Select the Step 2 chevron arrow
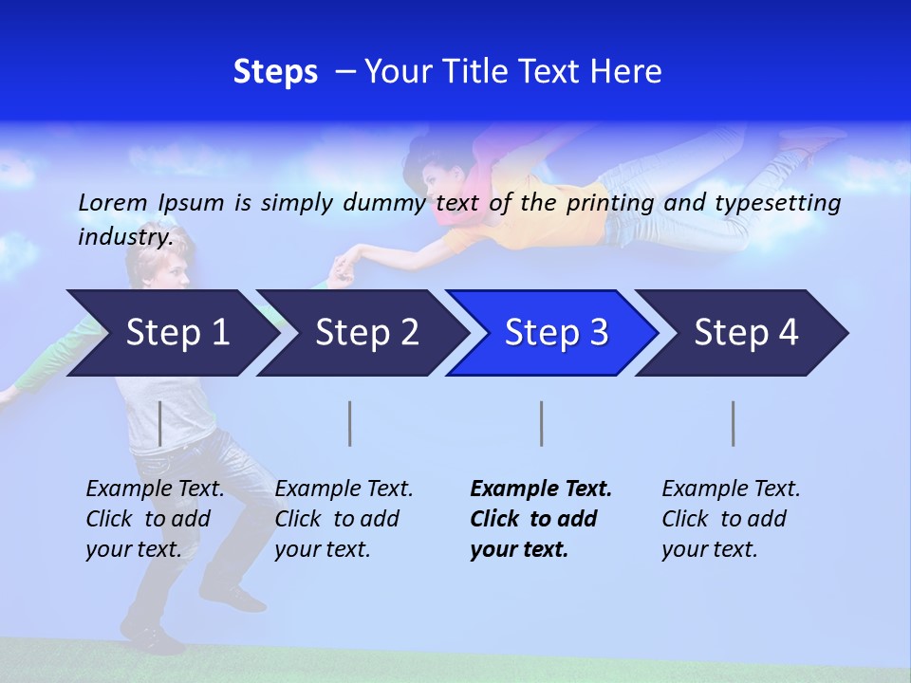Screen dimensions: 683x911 pyautogui.click(x=366, y=333)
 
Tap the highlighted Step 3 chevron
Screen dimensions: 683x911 pyautogui.click(x=556, y=333)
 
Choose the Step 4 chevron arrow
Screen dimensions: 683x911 pyautogui.click(x=746, y=333)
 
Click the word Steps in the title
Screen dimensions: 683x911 pyautogui.click(x=275, y=72)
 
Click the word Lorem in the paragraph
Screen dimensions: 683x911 pyautogui.click(x=112, y=202)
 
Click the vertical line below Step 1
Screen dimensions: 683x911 pyautogui.click(x=160, y=423)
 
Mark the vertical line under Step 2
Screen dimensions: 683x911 pyautogui.click(x=350, y=423)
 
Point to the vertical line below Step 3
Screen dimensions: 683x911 pyautogui.click(x=541, y=423)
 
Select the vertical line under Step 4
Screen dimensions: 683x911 pyautogui.click(x=734, y=423)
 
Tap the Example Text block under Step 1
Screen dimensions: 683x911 pyautogui.click(x=155, y=519)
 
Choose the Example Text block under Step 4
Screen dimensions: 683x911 pyautogui.click(x=731, y=519)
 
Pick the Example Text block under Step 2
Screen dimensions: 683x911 pyautogui.click(x=344, y=519)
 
